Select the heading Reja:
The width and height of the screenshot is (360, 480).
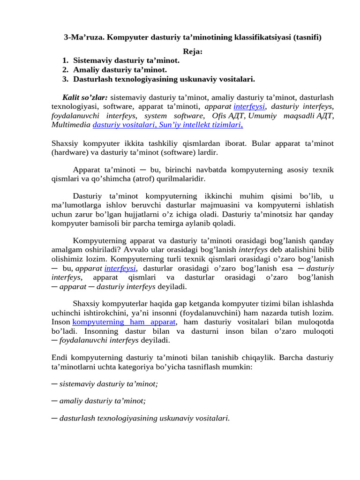click(x=192, y=52)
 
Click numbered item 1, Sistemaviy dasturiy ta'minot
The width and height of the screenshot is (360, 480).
click(x=126, y=60)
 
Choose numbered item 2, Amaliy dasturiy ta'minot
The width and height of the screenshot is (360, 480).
click(x=120, y=70)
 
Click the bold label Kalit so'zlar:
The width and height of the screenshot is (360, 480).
click(x=85, y=97)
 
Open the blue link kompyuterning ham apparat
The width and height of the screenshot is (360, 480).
click(x=124, y=322)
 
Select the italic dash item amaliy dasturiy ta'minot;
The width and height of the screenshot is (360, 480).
click(x=102, y=401)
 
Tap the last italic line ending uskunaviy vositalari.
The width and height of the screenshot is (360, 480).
click(x=144, y=418)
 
